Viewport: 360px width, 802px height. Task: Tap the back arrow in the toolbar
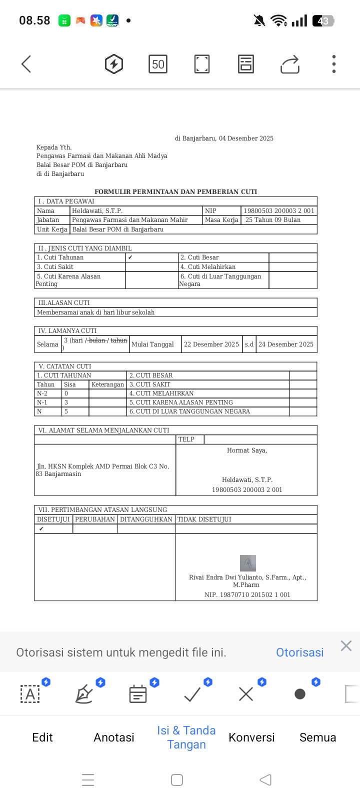click(x=26, y=64)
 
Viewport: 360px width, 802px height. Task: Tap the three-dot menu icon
click(x=334, y=64)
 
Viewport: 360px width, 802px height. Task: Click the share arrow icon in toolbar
click(x=290, y=64)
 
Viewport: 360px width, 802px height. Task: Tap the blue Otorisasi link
click(x=299, y=652)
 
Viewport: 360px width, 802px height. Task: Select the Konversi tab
click(x=251, y=737)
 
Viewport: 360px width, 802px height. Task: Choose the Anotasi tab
click(x=114, y=737)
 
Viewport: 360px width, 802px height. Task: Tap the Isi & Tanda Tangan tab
click(x=186, y=737)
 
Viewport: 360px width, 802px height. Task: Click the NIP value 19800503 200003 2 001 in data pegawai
click(x=279, y=211)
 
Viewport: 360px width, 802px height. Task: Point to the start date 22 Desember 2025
click(x=211, y=344)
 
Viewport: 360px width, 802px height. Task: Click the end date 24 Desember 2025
click(x=286, y=344)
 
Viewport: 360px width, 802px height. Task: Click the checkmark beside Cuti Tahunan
click(x=130, y=257)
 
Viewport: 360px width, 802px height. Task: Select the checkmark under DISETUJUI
click(x=41, y=529)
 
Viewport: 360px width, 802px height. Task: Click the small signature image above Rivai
click(x=248, y=563)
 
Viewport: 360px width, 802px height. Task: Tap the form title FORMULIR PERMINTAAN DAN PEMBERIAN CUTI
click(x=175, y=191)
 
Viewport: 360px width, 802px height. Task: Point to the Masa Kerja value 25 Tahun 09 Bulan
click(x=273, y=220)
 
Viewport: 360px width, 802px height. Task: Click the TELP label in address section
click(x=186, y=439)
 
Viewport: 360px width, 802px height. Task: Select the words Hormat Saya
click(x=247, y=450)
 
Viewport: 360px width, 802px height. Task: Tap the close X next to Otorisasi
click(x=346, y=646)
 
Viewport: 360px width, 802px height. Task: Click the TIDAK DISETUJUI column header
click(x=204, y=519)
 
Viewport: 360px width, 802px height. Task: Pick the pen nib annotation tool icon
click(x=84, y=694)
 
